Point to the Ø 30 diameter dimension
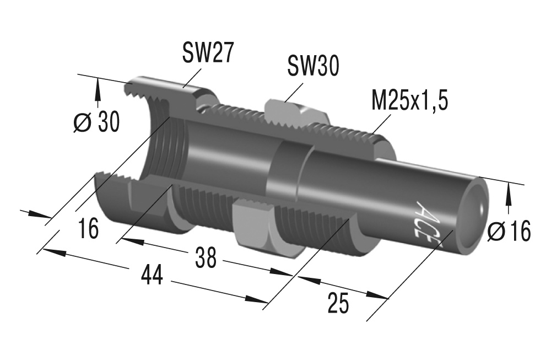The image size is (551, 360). click(96, 122)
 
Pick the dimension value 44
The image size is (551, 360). click(151, 274)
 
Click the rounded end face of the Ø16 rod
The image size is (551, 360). click(475, 208)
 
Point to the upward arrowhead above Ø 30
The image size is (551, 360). click(98, 85)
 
